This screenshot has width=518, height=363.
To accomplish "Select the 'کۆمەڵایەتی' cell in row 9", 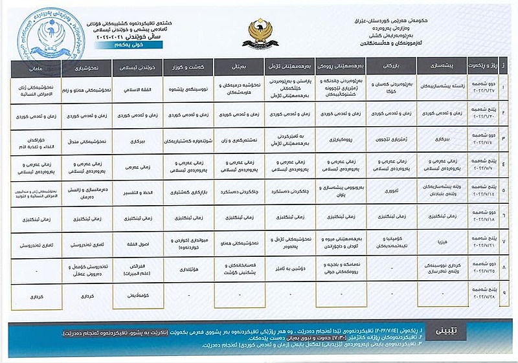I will tap(133, 296).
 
